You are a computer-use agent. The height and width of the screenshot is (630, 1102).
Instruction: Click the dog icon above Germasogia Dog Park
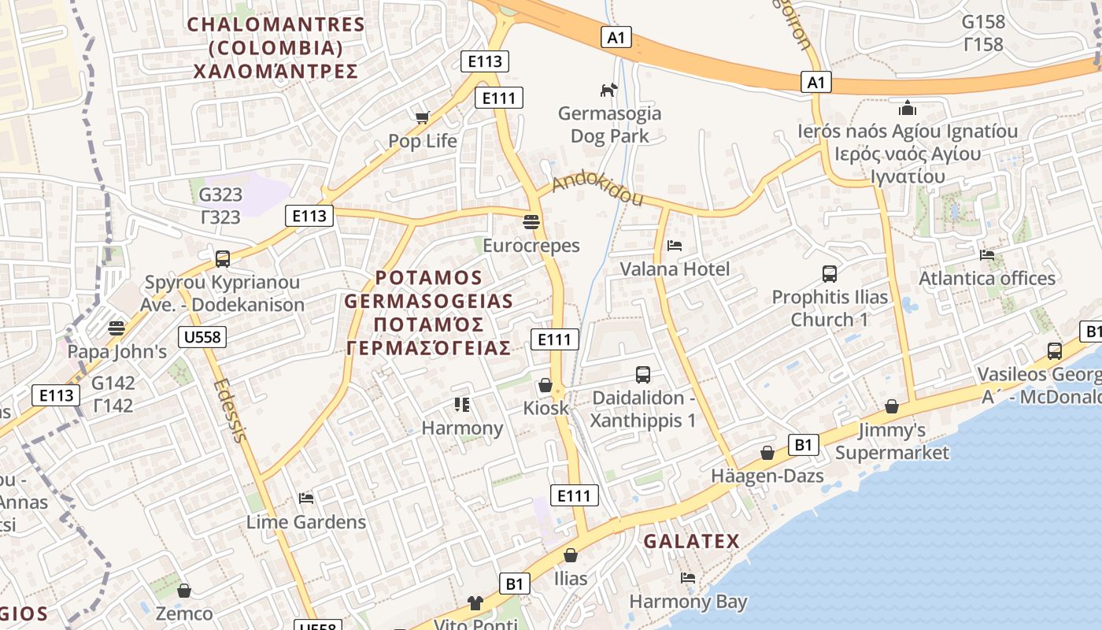coord(608,91)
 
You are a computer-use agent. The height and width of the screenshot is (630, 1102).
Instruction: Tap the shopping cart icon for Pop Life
coord(423,118)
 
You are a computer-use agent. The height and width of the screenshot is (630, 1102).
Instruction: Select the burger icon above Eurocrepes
coord(531,221)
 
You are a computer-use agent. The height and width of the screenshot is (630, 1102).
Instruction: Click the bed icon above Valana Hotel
coord(675,245)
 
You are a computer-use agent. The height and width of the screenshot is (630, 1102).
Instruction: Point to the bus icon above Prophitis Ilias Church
coord(830,274)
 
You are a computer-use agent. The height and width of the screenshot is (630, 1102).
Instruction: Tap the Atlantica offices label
coord(987,279)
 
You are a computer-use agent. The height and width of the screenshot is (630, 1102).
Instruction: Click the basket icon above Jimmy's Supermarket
coord(892,406)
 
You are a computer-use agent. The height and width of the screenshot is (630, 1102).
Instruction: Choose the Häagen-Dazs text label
coord(767,476)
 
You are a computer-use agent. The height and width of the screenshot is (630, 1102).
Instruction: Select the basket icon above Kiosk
coord(545,385)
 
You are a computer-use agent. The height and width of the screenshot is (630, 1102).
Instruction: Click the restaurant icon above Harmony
coord(462,405)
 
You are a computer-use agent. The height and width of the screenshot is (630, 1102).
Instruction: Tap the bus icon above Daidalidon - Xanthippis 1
coord(643,375)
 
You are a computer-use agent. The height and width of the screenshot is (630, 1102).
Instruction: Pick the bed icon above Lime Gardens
coord(306,498)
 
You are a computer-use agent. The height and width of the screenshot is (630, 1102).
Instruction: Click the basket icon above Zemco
coord(184,591)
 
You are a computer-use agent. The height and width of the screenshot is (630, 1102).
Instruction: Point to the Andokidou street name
coord(597,190)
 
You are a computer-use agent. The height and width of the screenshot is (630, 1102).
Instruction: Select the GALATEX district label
coord(691,542)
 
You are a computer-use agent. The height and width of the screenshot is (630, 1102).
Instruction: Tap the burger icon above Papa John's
coord(116,328)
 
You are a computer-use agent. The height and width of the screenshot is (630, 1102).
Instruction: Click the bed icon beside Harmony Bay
coord(688,578)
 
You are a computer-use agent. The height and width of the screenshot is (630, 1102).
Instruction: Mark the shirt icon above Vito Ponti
coord(475,603)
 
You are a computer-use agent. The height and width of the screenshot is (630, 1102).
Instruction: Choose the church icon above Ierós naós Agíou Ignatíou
coord(908,107)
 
